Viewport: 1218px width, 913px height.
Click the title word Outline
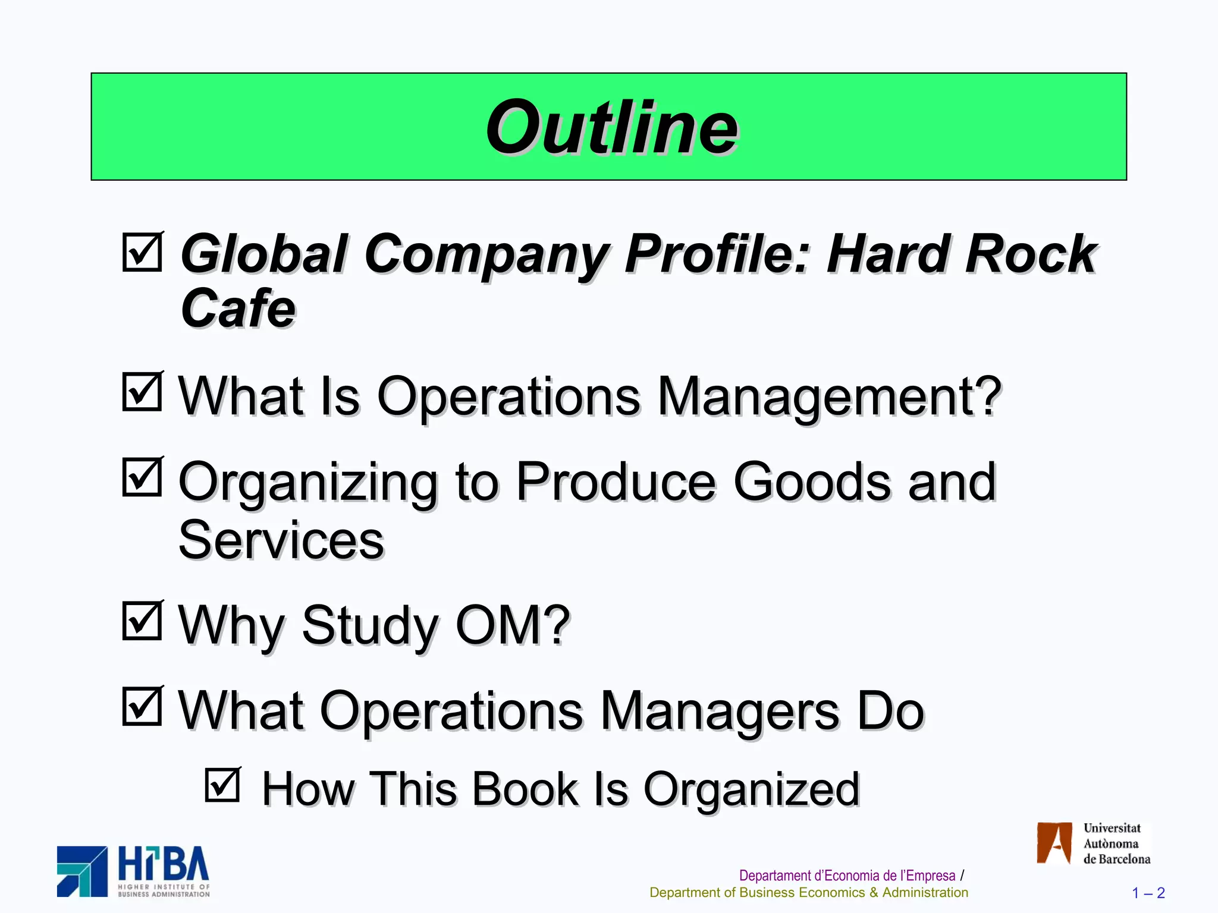coord(611,127)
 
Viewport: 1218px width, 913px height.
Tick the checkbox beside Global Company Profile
coord(142,252)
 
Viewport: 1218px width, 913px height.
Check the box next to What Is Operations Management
coord(142,392)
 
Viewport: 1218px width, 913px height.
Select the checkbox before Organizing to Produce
coord(142,477)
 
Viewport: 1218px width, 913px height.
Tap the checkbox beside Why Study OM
coord(142,621)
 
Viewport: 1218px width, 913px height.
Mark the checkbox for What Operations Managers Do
coord(142,706)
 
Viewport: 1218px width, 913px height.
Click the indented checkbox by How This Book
coord(222,785)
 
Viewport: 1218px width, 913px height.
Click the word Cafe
coord(238,308)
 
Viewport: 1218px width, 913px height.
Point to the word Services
coord(281,540)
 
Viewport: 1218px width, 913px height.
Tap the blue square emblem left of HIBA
coord(83,871)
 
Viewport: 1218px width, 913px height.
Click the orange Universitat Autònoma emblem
coord(1054,843)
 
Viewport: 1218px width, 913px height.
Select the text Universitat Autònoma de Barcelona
coord(1116,843)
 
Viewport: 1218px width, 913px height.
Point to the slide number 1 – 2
coord(1148,893)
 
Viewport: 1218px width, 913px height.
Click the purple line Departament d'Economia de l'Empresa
coord(847,876)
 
